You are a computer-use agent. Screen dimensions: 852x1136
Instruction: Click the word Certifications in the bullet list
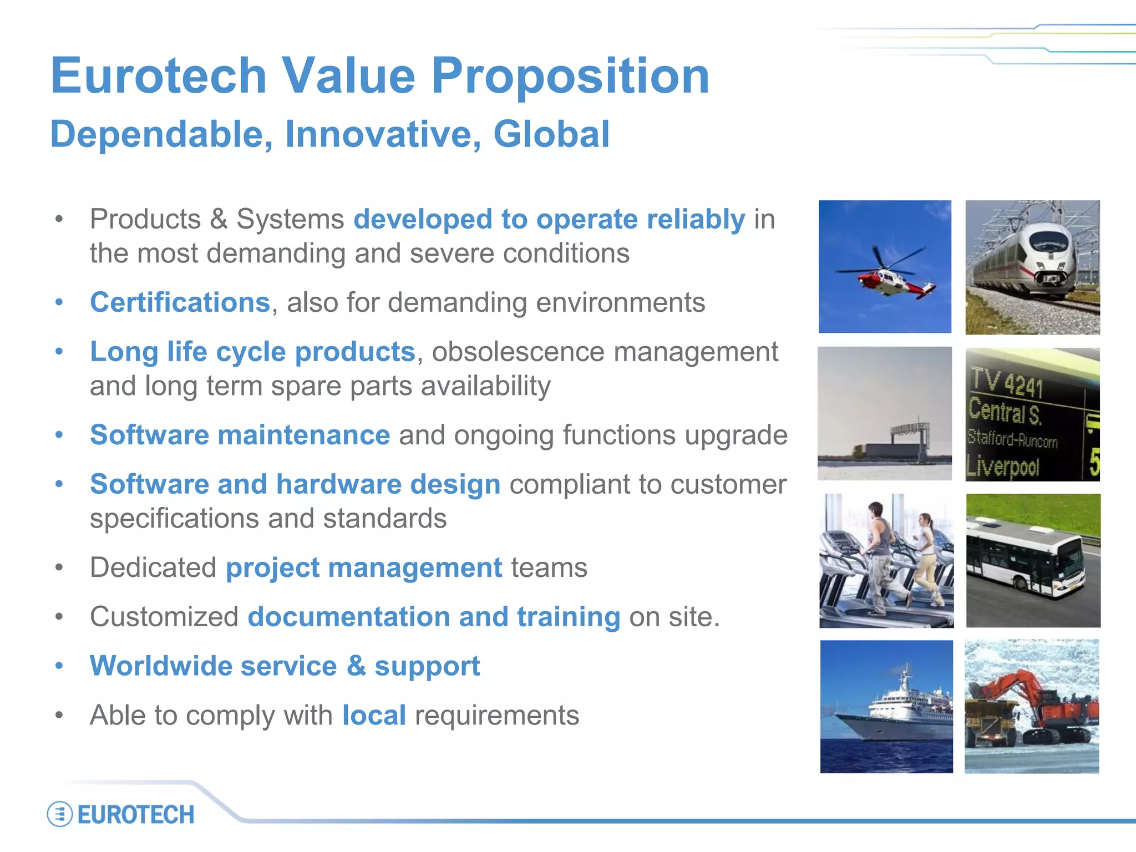(180, 303)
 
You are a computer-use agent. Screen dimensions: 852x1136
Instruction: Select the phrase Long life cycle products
(252, 352)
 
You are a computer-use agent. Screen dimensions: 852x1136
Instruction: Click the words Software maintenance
(240, 435)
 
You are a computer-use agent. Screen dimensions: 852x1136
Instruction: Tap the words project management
(364, 567)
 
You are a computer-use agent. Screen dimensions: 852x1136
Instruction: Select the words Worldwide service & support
(285, 666)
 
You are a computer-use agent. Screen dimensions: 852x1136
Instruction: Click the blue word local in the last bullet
(374, 715)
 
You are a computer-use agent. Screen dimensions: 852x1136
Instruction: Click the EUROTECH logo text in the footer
(136, 815)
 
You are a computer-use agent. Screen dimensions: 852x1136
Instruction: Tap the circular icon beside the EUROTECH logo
(60, 814)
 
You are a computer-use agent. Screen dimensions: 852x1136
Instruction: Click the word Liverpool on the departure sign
(1002, 467)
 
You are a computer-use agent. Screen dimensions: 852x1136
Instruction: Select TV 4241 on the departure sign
(1007, 383)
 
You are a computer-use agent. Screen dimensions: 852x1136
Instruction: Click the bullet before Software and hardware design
(59, 484)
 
